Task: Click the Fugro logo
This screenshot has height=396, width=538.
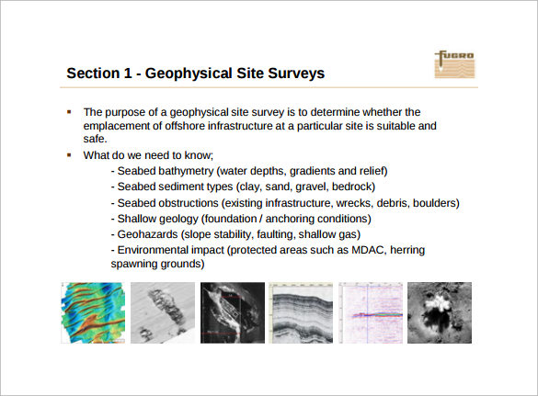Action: click(455, 64)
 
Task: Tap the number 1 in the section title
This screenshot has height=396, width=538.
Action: click(127, 73)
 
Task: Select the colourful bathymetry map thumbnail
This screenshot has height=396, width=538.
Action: click(93, 312)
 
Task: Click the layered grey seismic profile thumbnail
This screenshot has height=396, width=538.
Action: click(301, 312)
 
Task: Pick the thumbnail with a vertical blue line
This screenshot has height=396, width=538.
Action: click(371, 312)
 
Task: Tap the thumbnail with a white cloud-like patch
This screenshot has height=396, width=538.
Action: click(440, 312)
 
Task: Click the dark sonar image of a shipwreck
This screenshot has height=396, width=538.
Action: click(233, 312)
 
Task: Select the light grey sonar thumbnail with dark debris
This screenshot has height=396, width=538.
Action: click(163, 312)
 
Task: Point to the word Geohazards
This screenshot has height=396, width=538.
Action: click(147, 234)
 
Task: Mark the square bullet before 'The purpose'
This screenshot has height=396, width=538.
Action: click(69, 112)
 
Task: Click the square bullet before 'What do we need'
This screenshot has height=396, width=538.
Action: click(69, 155)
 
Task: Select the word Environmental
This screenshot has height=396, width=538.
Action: click(153, 250)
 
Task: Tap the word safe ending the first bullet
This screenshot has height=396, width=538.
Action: click(94, 139)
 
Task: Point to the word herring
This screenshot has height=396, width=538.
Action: click(407, 250)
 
